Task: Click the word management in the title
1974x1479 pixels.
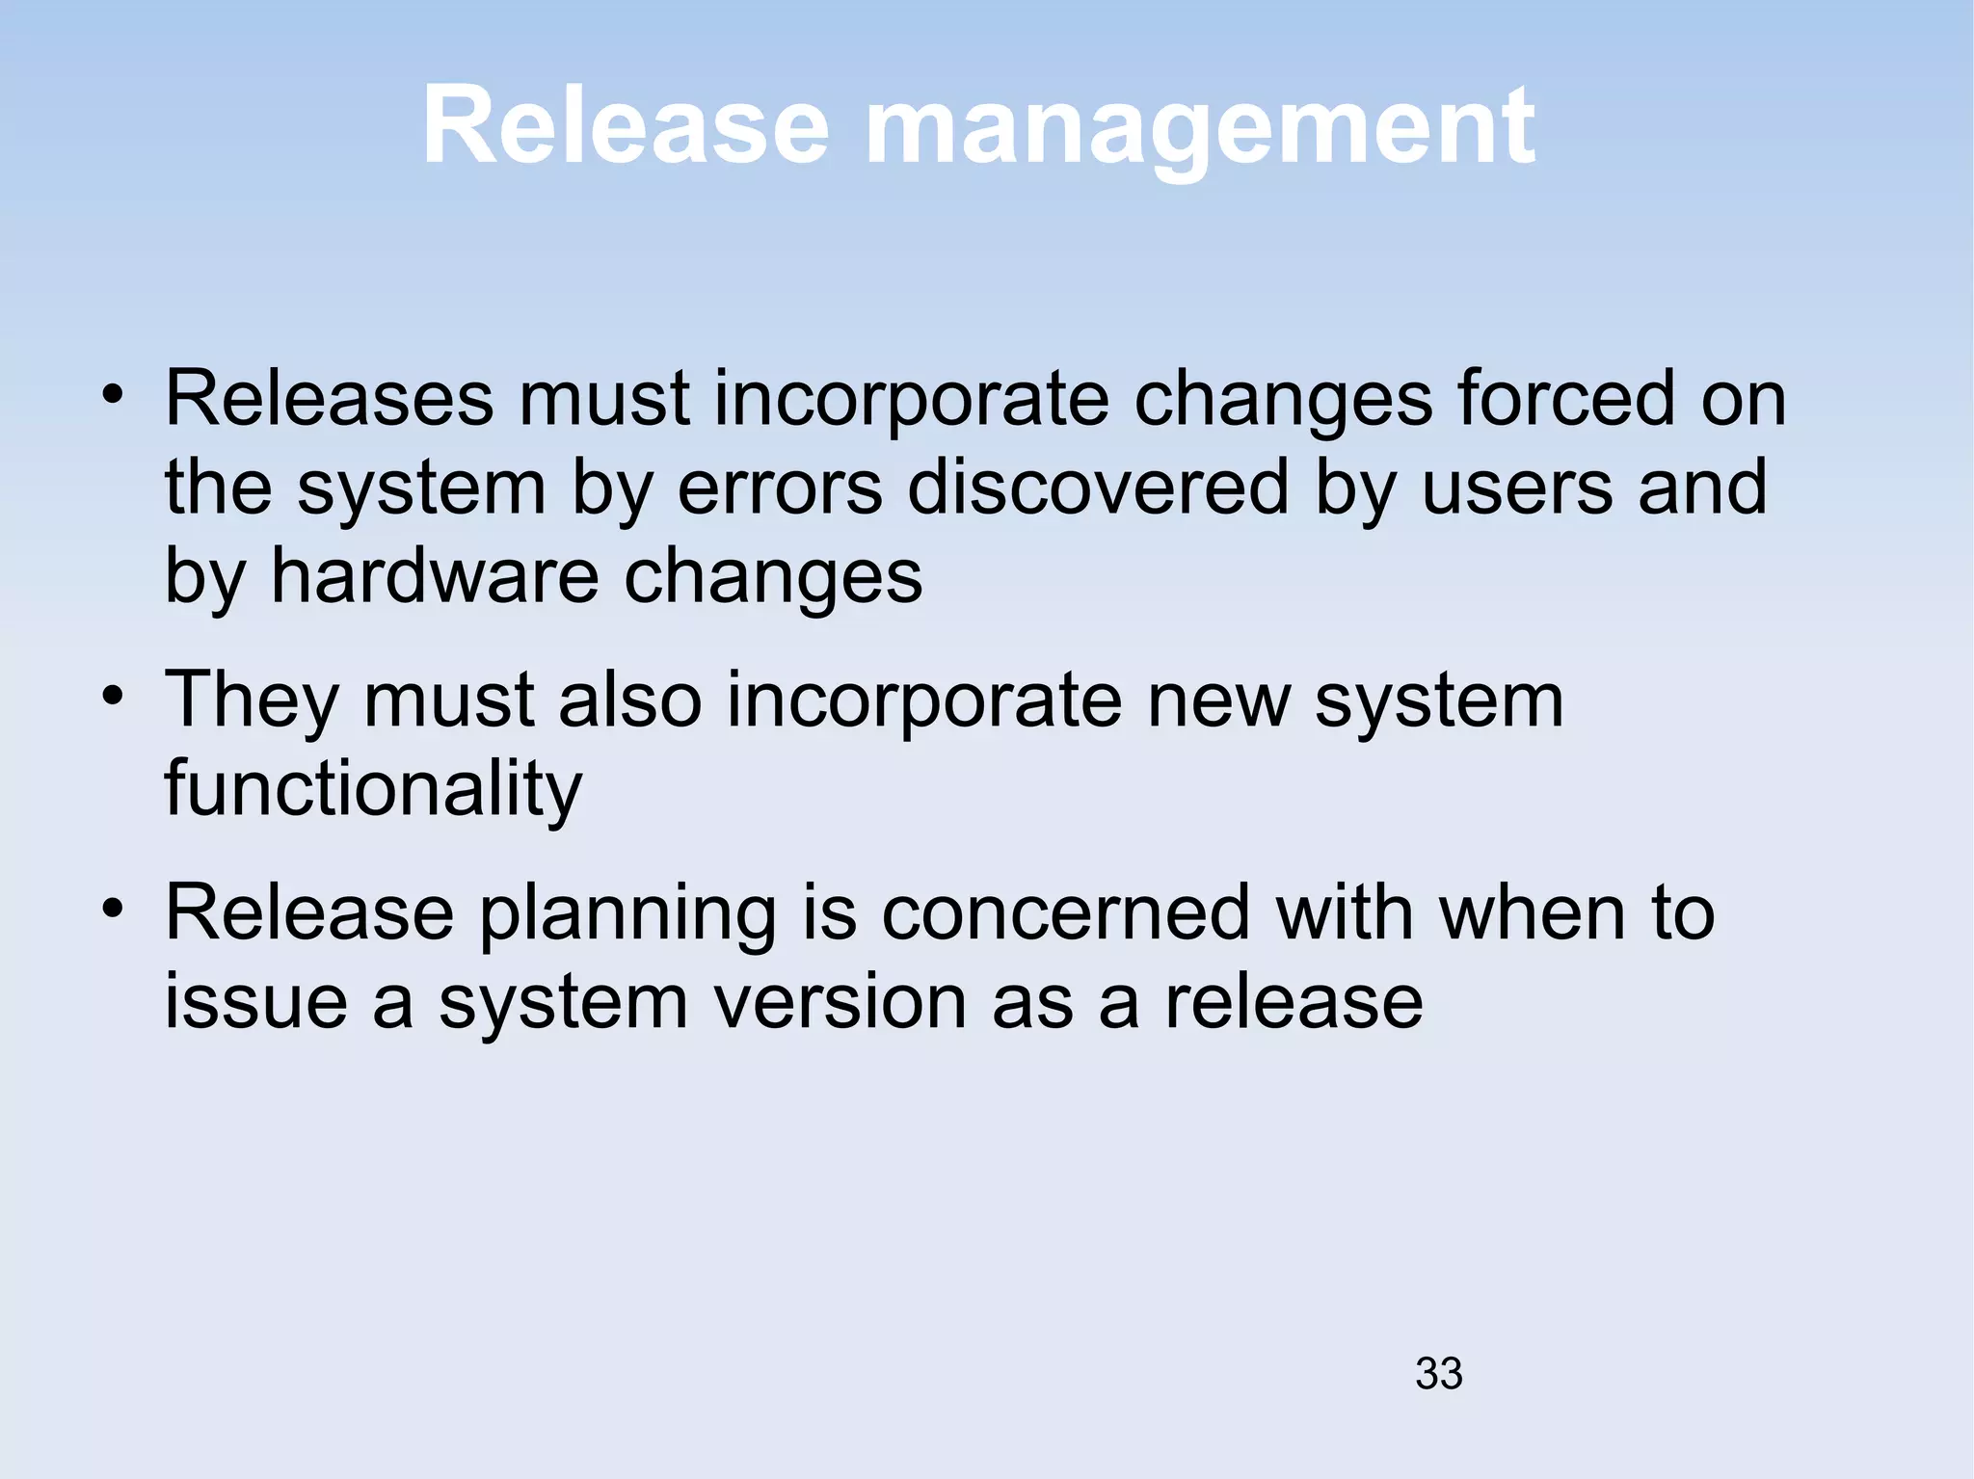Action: (x=1200, y=130)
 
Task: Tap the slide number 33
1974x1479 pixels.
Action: (x=1438, y=1373)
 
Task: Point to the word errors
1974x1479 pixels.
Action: (x=780, y=488)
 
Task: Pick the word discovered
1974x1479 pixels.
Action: (x=1098, y=488)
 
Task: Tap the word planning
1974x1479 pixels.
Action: (x=627, y=913)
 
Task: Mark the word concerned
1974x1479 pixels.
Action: (x=1065, y=913)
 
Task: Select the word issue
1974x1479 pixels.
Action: (x=256, y=1002)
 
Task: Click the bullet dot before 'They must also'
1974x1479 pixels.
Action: (x=114, y=696)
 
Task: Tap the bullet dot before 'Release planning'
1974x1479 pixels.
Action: (x=114, y=908)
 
